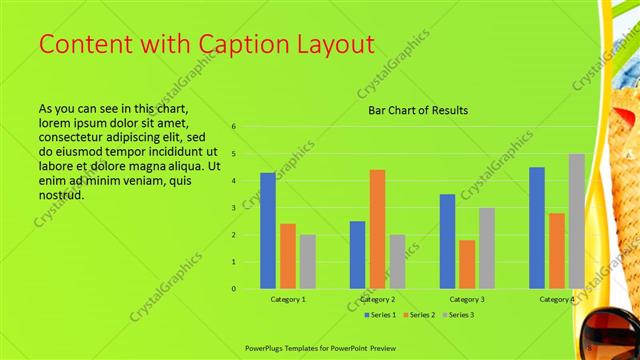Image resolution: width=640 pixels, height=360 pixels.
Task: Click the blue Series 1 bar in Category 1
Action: click(267, 231)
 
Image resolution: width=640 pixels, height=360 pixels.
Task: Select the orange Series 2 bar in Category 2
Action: click(377, 229)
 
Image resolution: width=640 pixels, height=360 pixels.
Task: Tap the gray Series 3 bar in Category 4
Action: click(577, 221)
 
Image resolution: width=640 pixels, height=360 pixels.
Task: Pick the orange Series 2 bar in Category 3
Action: click(467, 264)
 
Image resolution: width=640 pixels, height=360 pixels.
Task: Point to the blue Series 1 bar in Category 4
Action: click(537, 228)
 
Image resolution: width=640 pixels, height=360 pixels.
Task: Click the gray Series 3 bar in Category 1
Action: click(307, 262)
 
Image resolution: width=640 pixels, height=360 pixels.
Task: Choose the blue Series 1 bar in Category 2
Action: click(357, 255)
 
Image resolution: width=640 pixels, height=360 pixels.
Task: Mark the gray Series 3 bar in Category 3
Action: click(487, 248)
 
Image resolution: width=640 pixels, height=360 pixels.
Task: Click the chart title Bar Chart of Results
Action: click(412, 110)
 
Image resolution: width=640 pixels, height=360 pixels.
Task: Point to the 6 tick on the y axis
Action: click(233, 127)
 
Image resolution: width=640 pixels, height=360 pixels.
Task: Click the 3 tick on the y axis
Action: click(233, 208)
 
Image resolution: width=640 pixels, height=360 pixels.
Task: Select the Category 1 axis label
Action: click(288, 299)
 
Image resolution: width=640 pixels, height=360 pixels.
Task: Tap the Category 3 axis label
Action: click(467, 299)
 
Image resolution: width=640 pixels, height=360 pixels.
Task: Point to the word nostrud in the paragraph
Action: click(60, 194)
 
